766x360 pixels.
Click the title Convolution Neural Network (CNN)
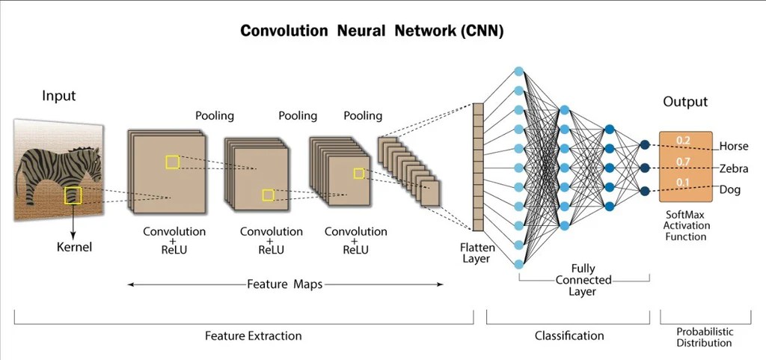pos(371,31)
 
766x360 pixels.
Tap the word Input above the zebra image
pos(58,96)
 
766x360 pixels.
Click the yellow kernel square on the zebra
pos(73,196)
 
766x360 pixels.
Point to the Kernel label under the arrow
pos(74,246)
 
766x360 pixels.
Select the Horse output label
pos(733,146)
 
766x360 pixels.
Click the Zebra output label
pos(734,168)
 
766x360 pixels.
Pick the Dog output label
pos(729,189)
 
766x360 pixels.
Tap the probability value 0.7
pos(682,162)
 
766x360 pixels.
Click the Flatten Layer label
pos(476,252)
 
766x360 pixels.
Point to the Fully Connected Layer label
pos(583,280)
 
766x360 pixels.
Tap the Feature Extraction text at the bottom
pos(253,336)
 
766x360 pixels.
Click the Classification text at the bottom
pos(569,336)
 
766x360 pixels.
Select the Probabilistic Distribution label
pos(704,337)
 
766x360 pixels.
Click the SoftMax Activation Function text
pos(686,225)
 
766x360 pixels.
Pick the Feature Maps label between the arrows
pos(285,284)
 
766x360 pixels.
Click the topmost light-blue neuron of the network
pos(518,71)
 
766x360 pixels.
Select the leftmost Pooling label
pos(215,116)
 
